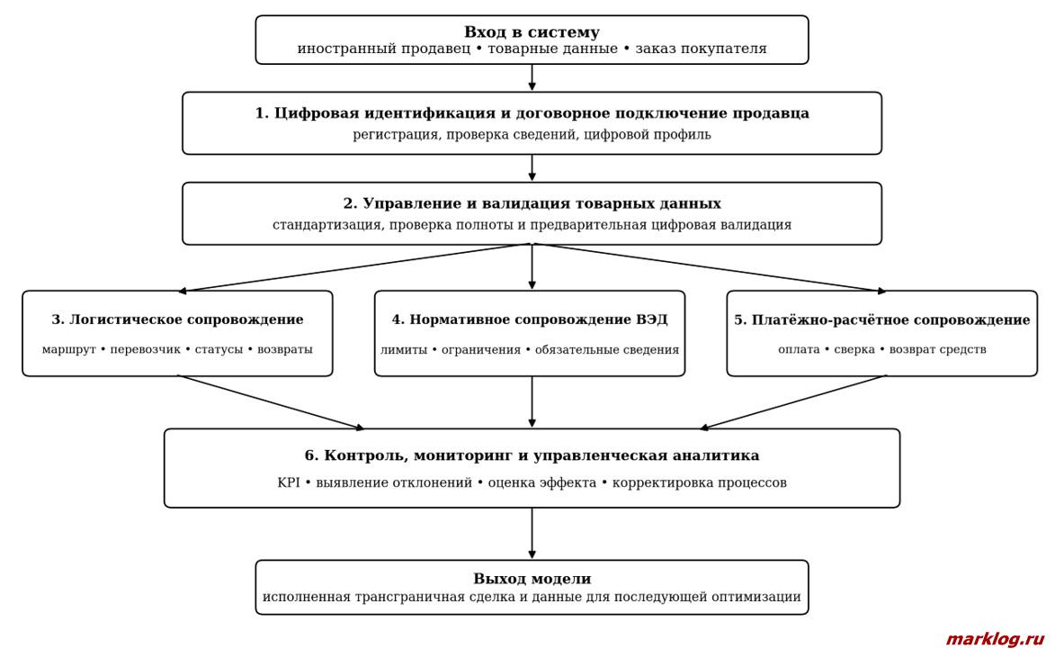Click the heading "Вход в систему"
[532, 32]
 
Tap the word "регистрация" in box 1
[395, 135]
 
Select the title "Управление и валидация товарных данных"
[541, 203]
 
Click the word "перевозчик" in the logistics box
[146, 349]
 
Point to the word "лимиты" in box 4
[404, 349]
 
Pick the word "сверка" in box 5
[854, 349]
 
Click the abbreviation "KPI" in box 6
[288, 482]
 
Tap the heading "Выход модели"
[532, 579]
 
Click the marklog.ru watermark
[995, 639]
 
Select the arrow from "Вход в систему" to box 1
[532, 77]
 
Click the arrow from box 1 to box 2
[532, 167]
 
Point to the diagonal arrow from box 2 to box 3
[354, 268]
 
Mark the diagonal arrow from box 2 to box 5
[709, 268]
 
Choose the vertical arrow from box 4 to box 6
[532, 402]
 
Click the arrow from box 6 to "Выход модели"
[532, 534]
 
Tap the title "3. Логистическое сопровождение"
[177, 320]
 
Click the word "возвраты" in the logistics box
[284, 349]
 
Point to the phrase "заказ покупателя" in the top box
[702, 50]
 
